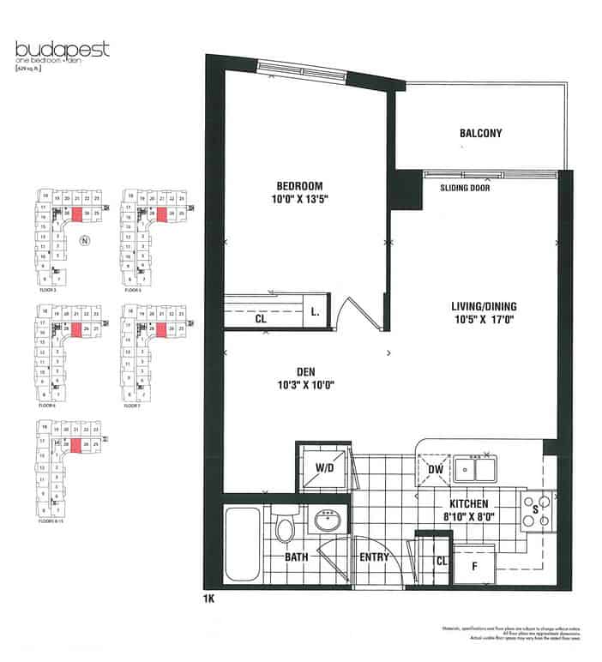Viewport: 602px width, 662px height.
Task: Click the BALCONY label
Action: point(480,133)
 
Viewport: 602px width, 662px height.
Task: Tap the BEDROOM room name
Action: point(299,187)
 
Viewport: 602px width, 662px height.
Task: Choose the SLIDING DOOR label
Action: point(465,187)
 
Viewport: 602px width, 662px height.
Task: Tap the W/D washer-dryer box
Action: point(324,468)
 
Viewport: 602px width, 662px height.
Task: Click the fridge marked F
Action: point(476,565)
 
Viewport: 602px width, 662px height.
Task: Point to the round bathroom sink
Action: point(326,521)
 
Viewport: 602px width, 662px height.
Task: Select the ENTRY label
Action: point(375,558)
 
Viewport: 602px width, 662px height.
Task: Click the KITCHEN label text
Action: point(467,503)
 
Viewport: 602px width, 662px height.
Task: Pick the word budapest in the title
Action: point(63,48)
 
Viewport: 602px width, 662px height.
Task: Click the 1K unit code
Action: point(209,599)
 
